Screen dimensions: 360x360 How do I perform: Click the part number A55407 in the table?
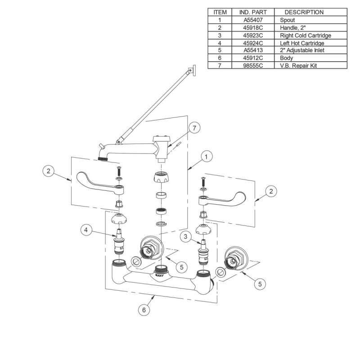(253, 20)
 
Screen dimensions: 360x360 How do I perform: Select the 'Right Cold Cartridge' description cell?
(310, 36)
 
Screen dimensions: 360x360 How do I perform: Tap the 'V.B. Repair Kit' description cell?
(310, 65)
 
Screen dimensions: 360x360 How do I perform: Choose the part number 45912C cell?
(253, 58)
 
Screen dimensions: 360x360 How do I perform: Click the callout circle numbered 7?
(194, 128)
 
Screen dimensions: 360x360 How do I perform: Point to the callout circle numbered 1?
(206, 157)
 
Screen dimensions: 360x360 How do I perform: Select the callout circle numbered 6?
(144, 310)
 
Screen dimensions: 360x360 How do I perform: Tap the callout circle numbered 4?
(86, 230)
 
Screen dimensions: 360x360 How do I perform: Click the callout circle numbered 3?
(185, 237)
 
